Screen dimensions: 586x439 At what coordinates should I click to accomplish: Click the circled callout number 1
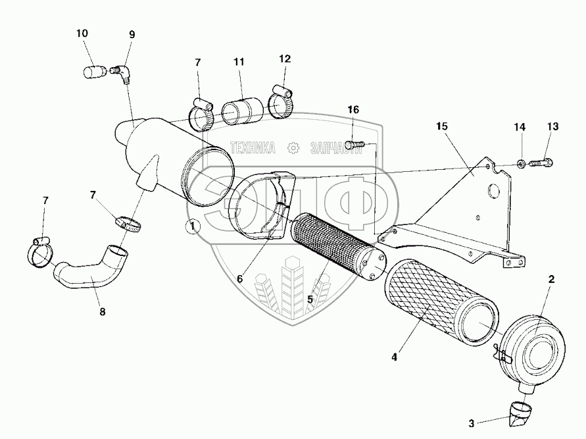point(193,226)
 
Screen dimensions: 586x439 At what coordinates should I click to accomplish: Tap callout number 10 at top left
point(82,34)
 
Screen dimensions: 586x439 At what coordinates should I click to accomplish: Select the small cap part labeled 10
point(93,72)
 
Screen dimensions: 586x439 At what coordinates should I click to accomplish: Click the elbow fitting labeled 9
point(120,74)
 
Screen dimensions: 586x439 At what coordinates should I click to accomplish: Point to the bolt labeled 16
point(354,144)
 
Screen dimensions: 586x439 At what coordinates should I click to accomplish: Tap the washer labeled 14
point(521,163)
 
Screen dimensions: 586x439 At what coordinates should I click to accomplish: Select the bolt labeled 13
point(541,163)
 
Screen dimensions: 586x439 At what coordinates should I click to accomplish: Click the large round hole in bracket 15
point(493,191)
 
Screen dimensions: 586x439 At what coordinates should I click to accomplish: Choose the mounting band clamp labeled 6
point(262,205)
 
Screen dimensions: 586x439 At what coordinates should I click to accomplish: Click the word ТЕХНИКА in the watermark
point(253,148)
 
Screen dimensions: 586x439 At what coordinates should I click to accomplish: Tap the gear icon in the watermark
point(294,148)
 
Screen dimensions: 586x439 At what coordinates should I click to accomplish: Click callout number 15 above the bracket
point(441,126)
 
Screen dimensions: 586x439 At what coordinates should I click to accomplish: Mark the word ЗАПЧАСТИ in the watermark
point(336,148)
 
